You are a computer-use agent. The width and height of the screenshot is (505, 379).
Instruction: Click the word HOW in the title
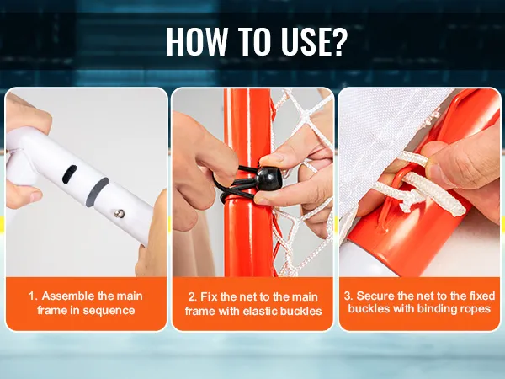(197, 41)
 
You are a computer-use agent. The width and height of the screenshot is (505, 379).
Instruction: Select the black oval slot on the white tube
(69, 174)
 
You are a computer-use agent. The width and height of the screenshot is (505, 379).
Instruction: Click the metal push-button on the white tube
(120, 213)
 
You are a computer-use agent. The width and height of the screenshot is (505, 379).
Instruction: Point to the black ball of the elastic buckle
(269, 179)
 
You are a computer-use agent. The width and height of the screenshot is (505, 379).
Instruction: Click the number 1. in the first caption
(33, 296)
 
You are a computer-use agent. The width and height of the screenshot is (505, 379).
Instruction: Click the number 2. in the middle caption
(193, 296)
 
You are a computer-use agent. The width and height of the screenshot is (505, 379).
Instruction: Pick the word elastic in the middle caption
(260, 311)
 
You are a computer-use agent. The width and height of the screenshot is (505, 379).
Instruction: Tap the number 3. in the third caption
(348, 296)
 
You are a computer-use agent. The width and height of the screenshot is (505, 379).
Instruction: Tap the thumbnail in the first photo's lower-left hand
(35, 196)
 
